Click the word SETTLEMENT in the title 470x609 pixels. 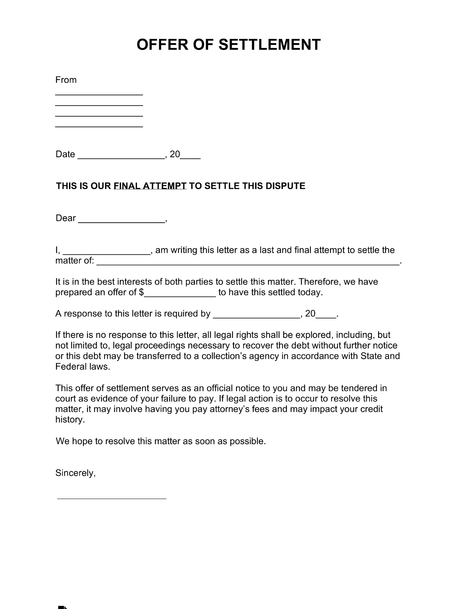coord(270,45)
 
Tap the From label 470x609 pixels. coord(66,80)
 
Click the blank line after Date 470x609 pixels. coord(121,158)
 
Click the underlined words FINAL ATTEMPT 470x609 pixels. coord(150,186)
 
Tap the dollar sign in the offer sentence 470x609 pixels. coord(141,292)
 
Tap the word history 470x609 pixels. coord(70,420)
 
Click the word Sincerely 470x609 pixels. coord(75,473)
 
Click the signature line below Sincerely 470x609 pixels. coord(112,498)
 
